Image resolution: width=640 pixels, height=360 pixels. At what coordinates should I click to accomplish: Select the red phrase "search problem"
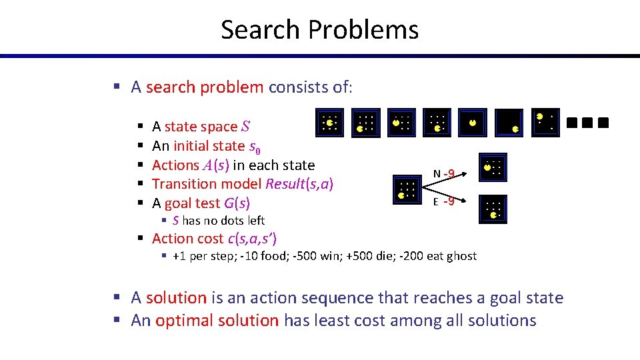[x=205, y=87]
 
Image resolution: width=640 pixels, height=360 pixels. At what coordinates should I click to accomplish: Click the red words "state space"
[x=201, y=127]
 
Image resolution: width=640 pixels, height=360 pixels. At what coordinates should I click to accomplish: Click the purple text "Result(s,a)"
[x=299, y=184]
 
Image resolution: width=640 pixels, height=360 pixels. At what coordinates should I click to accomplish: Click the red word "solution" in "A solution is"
[x=176, y=298]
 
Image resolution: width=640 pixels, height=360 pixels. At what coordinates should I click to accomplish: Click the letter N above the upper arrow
[x=437, y=175]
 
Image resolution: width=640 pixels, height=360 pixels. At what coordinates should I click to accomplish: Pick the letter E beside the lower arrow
[x=436, y=202]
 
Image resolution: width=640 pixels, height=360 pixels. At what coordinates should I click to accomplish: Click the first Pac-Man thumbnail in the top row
[x=329, y=122]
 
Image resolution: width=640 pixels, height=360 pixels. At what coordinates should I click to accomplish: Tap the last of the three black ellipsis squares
[x=603, y=123]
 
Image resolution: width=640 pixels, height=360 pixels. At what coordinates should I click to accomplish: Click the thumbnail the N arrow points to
[x=493, y=168]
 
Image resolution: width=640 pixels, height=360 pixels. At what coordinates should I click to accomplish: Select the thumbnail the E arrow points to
[x=493, y=208]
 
